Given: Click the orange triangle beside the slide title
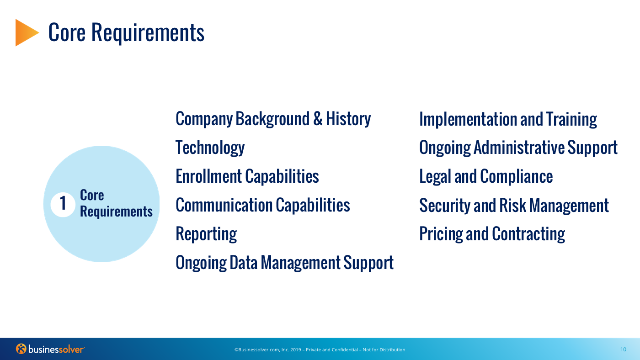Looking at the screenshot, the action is click(26, 32).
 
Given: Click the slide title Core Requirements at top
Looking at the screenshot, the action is click(126, 32).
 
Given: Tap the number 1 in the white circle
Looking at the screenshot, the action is click(63, 203).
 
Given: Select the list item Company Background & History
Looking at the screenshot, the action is click(273, 119).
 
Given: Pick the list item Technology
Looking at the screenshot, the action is click(210, 148).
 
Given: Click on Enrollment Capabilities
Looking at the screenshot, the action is click(247, 176).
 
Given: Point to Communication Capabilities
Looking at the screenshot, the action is click(263, 205).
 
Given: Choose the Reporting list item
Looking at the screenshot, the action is click(206, 234).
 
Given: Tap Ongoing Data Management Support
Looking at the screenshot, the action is click(284, 263).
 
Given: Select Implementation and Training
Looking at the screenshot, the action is click(508, 119).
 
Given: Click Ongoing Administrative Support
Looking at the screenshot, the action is click(518, 148).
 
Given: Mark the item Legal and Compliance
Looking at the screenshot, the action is click(486, 176).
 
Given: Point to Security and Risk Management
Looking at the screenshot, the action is click(514, 205).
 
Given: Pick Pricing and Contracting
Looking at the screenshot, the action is click(492, 234).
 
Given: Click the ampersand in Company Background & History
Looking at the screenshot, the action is click(318, 118).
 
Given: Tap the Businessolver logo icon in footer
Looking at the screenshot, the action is click(21, 349).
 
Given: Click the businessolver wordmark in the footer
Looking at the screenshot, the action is click(57, 349).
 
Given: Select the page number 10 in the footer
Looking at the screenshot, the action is click(623, 349).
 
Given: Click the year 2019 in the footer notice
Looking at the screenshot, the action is click(296, 350).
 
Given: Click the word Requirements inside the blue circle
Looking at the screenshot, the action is click(116, 212).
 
